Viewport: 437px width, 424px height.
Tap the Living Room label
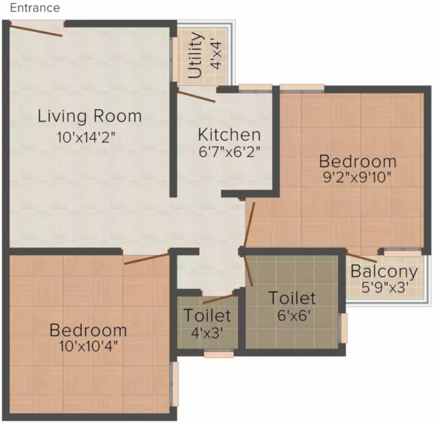89,116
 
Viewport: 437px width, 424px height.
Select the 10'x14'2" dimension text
89,137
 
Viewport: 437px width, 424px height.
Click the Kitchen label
229,134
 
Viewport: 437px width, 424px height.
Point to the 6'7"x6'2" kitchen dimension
229,150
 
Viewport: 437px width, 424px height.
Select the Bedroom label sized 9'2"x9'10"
358,162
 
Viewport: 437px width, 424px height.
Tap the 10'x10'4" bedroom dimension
88,346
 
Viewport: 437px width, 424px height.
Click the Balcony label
384,272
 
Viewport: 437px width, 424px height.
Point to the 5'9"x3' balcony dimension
384,288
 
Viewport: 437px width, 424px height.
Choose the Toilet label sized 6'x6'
292,298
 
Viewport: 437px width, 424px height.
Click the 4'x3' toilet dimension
207,332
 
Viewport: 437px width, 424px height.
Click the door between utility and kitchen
196,95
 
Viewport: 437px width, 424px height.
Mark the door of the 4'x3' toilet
218,299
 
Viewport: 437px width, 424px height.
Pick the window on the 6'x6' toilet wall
344,328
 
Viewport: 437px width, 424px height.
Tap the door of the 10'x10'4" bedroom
146,258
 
